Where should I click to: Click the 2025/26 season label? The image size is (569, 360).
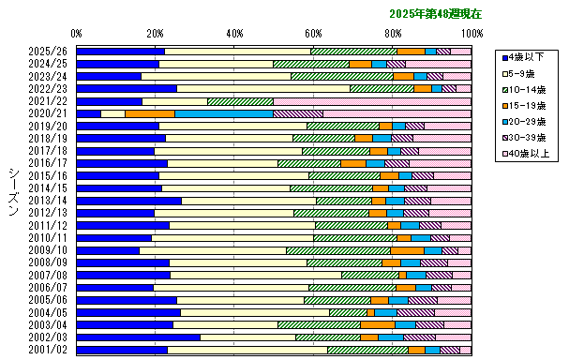(x=48, y=51)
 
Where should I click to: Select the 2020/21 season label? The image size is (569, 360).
(x=48, y=113)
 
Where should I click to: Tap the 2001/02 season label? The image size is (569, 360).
(x=48, y=349)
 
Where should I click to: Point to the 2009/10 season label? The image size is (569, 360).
(x=48, y=249)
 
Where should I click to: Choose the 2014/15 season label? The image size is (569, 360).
(x=48, y=187)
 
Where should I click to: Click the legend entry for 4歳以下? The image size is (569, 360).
(x=530, y=57)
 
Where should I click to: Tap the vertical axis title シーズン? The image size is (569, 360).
(x=12, y=193)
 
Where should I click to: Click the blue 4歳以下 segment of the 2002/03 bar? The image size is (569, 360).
(x=138, y=337)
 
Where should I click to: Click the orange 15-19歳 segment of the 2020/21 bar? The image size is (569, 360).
(x=150, y=113)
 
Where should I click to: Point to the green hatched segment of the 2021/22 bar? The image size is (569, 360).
(x=240, y=101)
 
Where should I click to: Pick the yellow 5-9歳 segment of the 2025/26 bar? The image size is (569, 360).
(x=237, y=52)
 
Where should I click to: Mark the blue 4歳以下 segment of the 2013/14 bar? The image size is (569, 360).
(x=128, y=200)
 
